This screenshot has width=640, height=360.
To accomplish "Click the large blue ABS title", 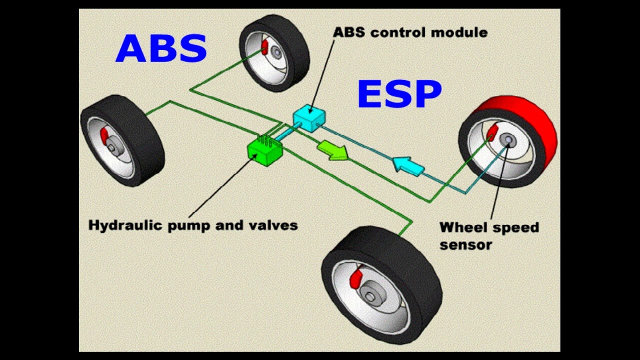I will tap(161, 48).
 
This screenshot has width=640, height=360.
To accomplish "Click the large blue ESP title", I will tap(399, 94).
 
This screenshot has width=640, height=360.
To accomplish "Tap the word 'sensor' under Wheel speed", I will tap(466, 244).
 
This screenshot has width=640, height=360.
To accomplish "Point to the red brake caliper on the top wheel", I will tap(264, 46).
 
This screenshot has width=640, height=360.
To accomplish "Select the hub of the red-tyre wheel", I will tap(508, 141).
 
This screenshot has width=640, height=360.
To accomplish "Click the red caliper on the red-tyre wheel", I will tap(491, 131).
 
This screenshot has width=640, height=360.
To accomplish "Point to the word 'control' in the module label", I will tap(403, 33).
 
